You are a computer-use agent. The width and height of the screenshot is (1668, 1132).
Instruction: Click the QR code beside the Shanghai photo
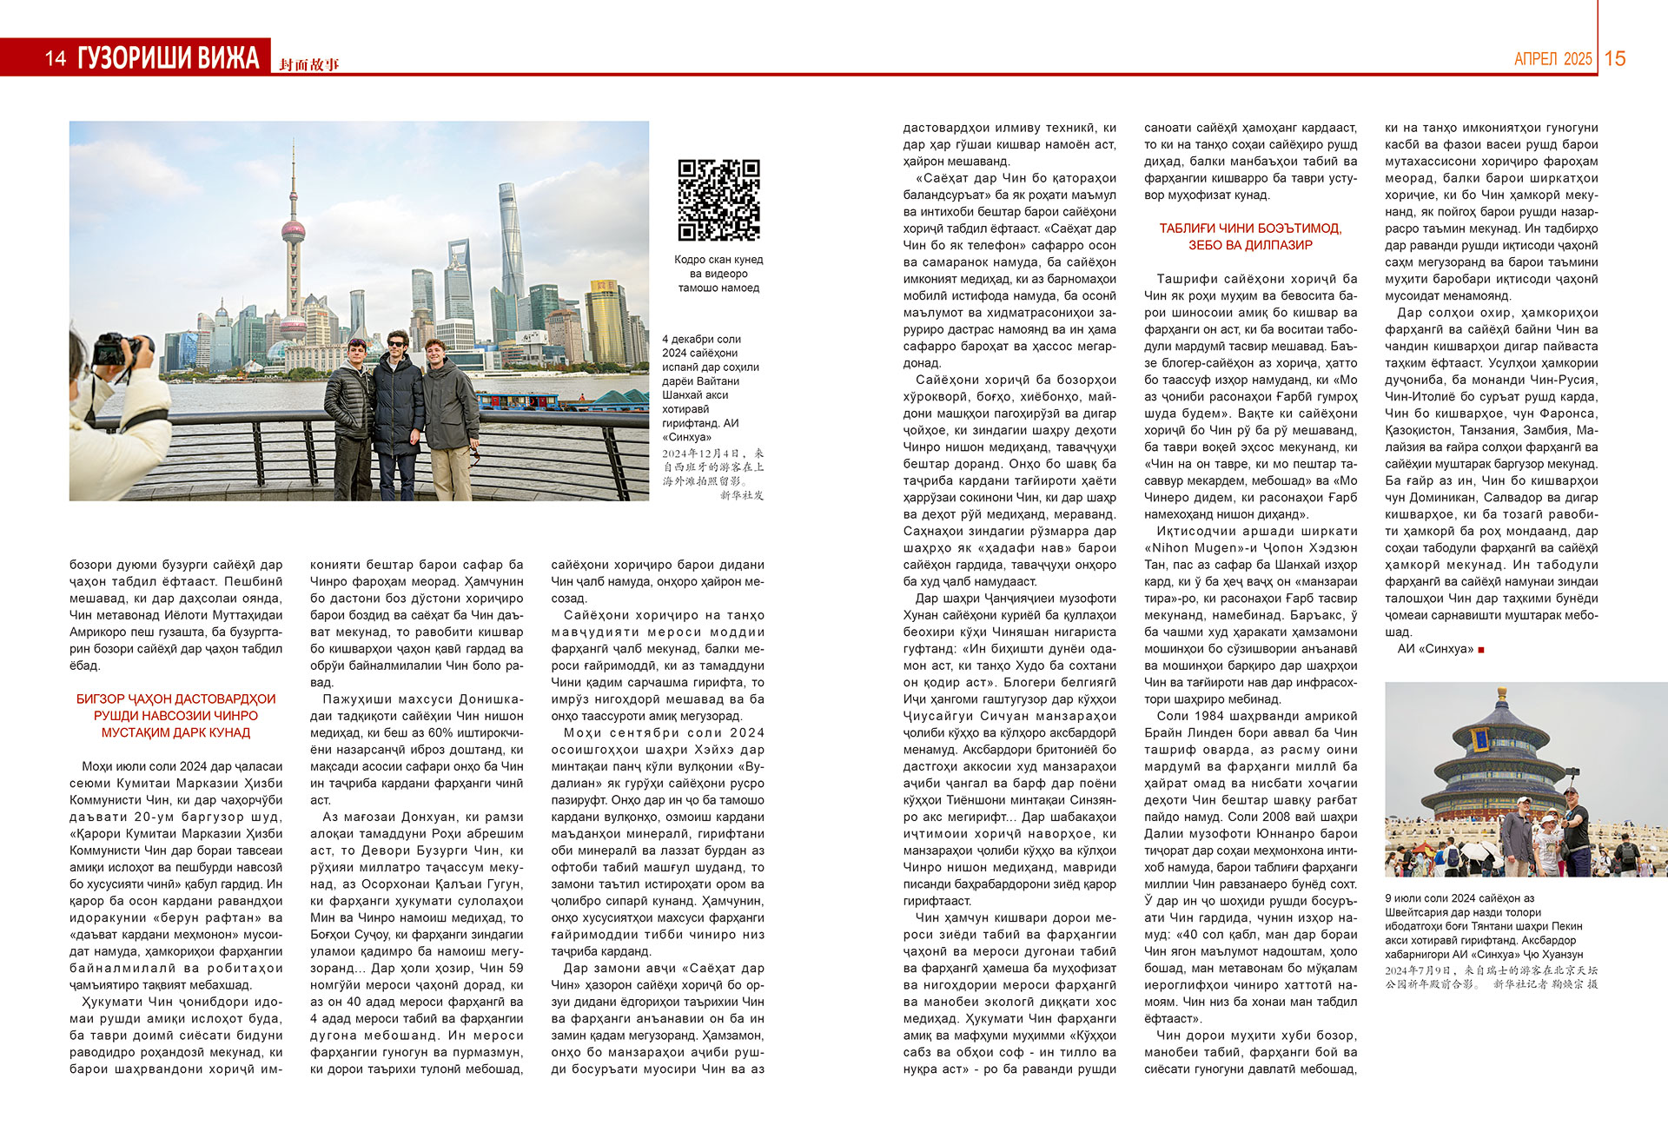(718, 200)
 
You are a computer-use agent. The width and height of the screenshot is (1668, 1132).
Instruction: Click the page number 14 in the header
(56, 58)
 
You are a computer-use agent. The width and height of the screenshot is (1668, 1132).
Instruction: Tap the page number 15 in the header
(1615, 58)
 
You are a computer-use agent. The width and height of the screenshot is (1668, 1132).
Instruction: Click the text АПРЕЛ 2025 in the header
(1552, 59)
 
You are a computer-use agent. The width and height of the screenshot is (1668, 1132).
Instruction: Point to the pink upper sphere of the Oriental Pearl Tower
(293, 230)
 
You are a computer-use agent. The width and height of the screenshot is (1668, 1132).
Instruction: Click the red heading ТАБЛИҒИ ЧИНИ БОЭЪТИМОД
(1250, 228)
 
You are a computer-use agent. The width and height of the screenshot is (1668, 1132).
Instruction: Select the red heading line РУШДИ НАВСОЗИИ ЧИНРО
(175, 716)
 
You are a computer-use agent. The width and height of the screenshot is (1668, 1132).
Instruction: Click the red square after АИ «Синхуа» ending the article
(1481, 649)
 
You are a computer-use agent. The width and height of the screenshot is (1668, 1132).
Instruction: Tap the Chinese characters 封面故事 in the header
(309, 65)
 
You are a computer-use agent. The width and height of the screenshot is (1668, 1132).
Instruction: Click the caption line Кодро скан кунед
(718, 260)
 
